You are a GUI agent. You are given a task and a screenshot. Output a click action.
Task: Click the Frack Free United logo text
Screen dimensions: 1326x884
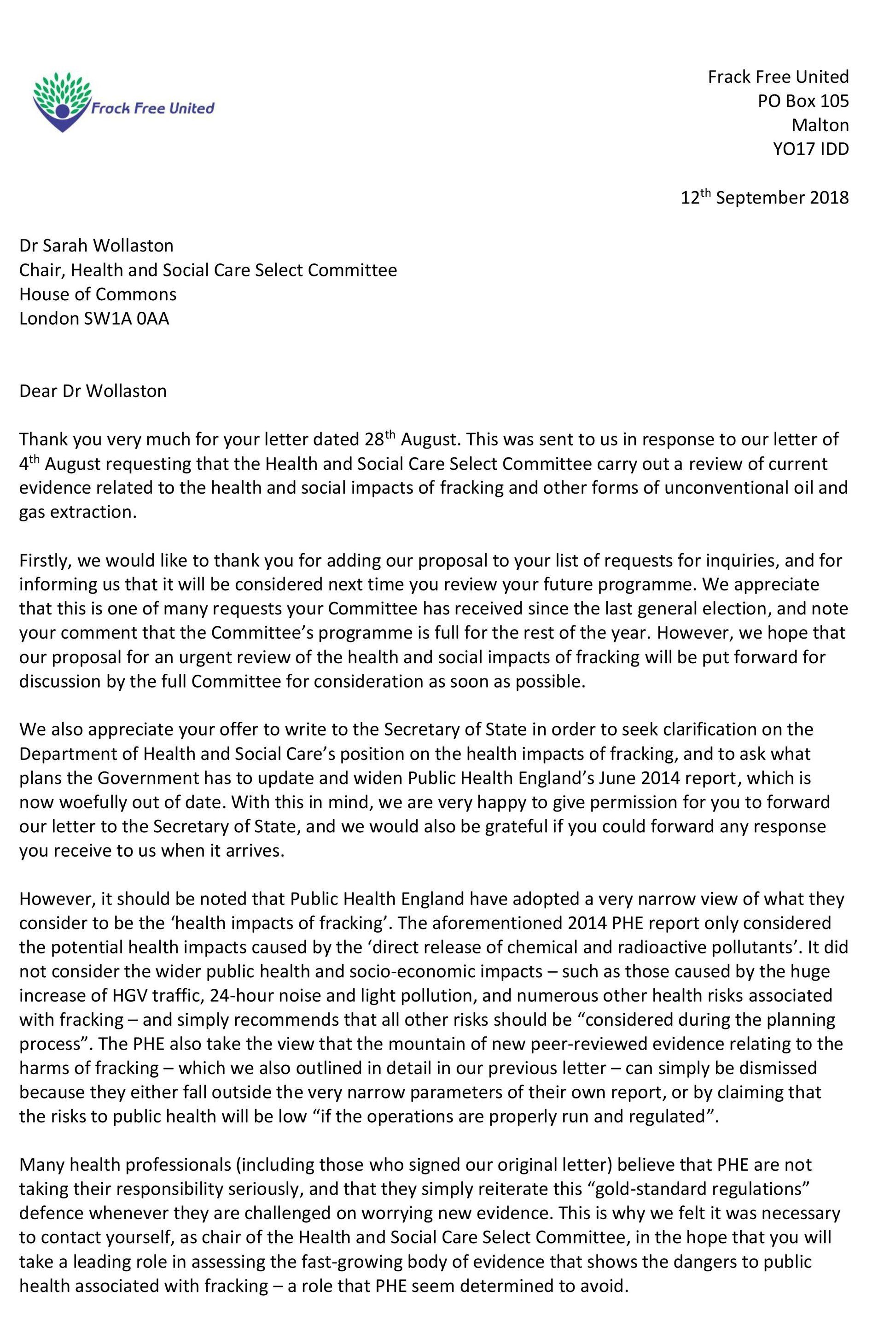[x=153, y=108]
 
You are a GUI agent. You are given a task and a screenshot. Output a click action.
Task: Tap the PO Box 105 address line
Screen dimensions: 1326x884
[x=803, y=101]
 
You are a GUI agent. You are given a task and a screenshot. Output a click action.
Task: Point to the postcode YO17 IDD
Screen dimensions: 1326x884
[x=811, y=149]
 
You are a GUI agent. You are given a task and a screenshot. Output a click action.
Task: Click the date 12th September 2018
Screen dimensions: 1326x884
[x=764, y=198]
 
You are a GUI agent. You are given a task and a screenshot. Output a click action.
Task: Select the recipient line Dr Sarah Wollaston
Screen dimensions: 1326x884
[x=96, y=245]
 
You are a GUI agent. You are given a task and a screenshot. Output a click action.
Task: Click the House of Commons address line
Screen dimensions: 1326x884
[x=98, y=294]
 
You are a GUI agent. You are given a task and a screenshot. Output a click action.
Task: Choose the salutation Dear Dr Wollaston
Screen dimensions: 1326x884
[x=93, y=391]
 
